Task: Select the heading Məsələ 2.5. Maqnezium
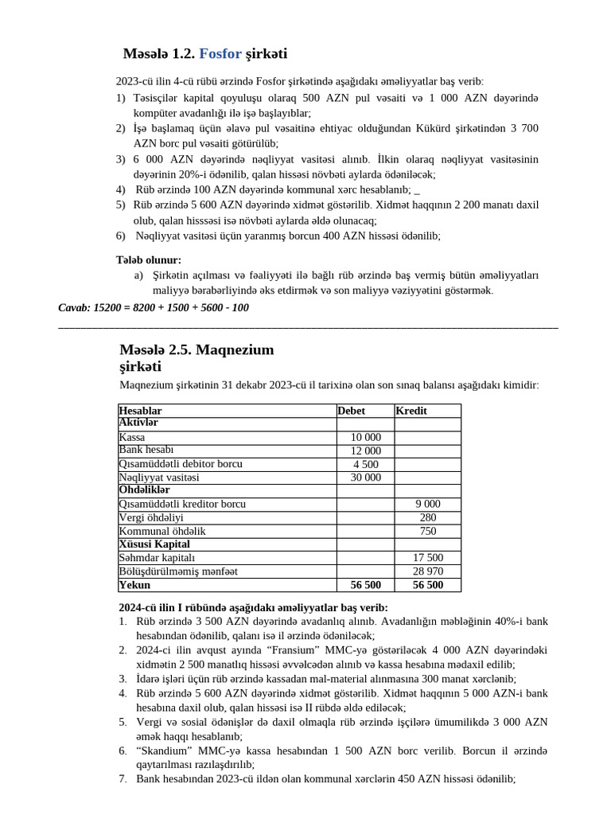tap(197, 349)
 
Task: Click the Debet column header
tap(352, 411)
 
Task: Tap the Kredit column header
tap(411, 411)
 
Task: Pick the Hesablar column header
tap(140, 411)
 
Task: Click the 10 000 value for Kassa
tap(365, 438)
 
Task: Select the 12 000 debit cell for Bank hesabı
tap(365, 451)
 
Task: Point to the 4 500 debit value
tap(365, 464)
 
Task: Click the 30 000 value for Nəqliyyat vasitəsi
tap(365, 478)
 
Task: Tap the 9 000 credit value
tap(427, 504)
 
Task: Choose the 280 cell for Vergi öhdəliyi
tap(427, 517)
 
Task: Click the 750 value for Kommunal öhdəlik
tap(427, 531)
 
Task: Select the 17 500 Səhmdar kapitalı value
tap(427, 558)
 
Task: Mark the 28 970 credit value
tap(427, 571)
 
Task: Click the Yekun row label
tap(134, 585)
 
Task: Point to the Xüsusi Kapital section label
tap(154, 544)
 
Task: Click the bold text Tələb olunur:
tap(149, 259)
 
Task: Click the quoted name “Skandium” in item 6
tap(166, 751)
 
